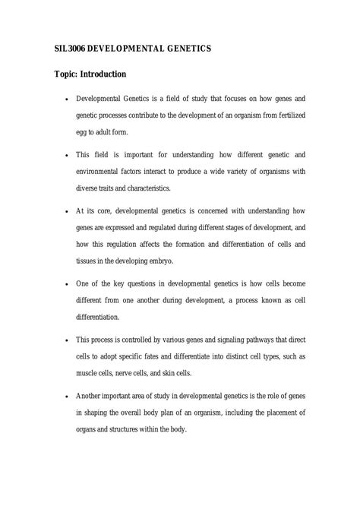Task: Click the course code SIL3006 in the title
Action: [68, 48]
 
